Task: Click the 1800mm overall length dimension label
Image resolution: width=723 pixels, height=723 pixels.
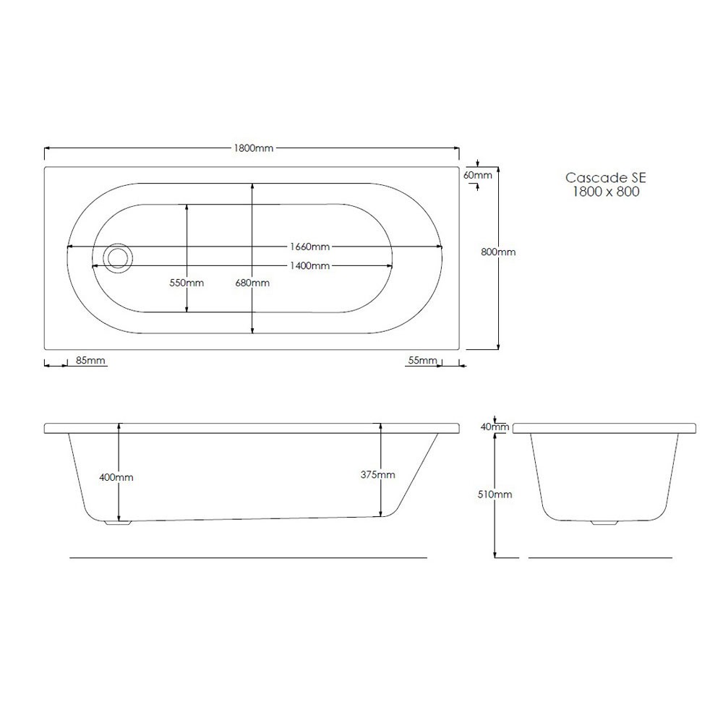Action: pos(253,148)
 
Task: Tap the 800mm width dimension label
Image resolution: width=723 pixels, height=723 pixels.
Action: pos(498,252)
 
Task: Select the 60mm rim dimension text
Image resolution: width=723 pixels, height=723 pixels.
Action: pos(478,175)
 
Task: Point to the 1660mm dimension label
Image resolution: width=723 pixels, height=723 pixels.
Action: pos(310,247)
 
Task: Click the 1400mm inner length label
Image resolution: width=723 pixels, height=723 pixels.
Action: pos(310,266)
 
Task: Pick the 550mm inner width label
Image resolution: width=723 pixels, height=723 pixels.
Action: pos(187,283)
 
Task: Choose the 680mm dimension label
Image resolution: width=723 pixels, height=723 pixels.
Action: pos(252,283)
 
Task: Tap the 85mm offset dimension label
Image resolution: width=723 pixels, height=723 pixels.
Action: pos(90,361)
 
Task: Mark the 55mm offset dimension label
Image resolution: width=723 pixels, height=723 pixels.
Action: pos(422,361)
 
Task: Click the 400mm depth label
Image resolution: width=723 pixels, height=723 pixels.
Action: pos(116,478)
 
